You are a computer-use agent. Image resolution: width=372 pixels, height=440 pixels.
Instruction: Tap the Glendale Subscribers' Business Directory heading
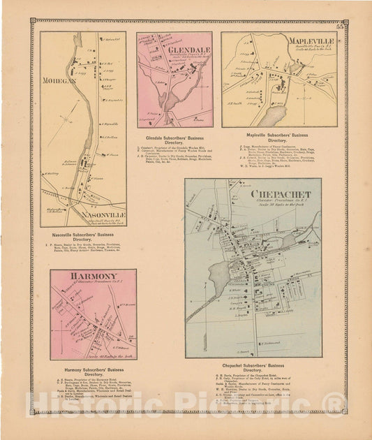coord(174,138)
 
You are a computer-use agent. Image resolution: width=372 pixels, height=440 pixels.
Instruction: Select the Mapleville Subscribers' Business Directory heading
coord(277,138)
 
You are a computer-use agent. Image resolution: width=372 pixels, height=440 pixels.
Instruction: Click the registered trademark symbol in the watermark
coord(334,403)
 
